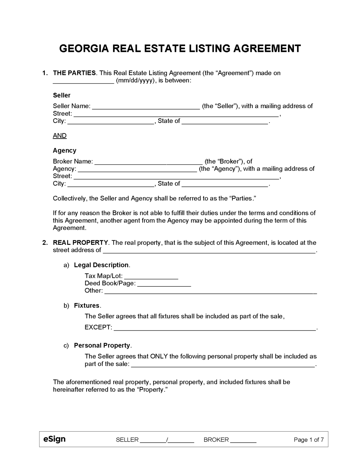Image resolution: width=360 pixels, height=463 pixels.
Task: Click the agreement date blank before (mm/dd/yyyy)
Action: pyautogui.click(x=83, y=81)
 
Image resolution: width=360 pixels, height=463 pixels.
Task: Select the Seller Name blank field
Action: pyautogui.click(x=146, y=106)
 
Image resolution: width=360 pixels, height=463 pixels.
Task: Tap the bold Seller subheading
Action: pyautogui.click(x=62, y=95)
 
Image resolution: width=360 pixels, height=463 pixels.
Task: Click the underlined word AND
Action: pyautogui.click(x=60, y=136)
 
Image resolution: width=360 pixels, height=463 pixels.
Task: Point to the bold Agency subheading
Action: pyautogui.click(x=65, y=150)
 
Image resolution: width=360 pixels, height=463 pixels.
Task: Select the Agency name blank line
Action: pyautogui.click(x=137, y=169)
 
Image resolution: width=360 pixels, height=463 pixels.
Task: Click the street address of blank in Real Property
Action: pyautogui.click(x=209, y=250)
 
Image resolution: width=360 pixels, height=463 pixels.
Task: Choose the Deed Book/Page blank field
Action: pyautogui.click(x=164, y=284)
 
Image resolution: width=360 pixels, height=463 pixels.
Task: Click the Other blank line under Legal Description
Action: pyautogui.click(x=210, y=291)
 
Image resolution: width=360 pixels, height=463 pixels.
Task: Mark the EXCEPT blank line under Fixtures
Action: pyautogui.click(x=215, y=328)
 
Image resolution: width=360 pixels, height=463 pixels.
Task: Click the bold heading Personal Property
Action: pyautogui.click(x=102, y=345)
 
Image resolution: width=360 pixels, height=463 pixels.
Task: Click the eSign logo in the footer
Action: pyautogui.click(x=54, y=439)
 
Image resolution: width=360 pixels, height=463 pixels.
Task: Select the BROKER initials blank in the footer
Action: pyautogui.click(x=243, y=440)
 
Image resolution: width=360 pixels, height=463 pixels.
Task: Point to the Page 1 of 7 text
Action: pyautogui.click(x=308, y=440)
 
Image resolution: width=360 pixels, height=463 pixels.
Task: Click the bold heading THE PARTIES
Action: pyautogui.click(x=74, y=73)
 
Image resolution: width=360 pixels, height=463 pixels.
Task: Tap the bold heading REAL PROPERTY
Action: pyautogui.click(x=80, y=243)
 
